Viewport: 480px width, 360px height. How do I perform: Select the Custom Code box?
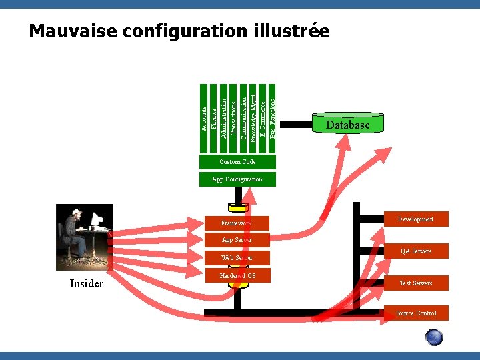237,162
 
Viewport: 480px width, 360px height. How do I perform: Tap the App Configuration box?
237,179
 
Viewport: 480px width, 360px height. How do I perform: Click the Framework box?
237,223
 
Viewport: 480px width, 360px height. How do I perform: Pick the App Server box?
237,240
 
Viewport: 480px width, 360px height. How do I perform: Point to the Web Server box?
237,257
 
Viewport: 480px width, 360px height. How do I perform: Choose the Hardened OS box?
237,275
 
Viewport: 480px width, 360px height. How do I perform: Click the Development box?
415,219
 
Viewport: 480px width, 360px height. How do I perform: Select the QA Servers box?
415,251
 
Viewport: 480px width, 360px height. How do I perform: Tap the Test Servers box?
415,283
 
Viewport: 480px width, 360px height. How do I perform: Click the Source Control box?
416,313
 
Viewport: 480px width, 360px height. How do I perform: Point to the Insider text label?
87,284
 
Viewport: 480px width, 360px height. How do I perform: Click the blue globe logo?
434,337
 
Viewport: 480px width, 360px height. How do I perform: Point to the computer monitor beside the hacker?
97,219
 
